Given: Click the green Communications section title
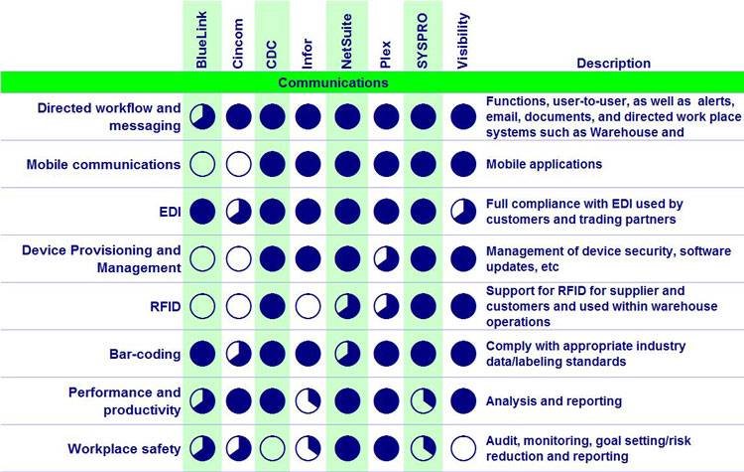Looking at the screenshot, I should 332,82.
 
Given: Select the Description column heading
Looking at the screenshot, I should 613,64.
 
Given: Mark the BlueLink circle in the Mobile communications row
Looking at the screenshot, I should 202,164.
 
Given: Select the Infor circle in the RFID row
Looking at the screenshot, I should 309,306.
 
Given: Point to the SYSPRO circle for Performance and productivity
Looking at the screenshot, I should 424,400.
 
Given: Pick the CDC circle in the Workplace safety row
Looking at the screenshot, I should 273,448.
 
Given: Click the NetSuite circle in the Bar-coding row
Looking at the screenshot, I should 345,354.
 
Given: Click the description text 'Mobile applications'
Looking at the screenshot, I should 544,164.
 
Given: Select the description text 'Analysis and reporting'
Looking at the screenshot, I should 554,400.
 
